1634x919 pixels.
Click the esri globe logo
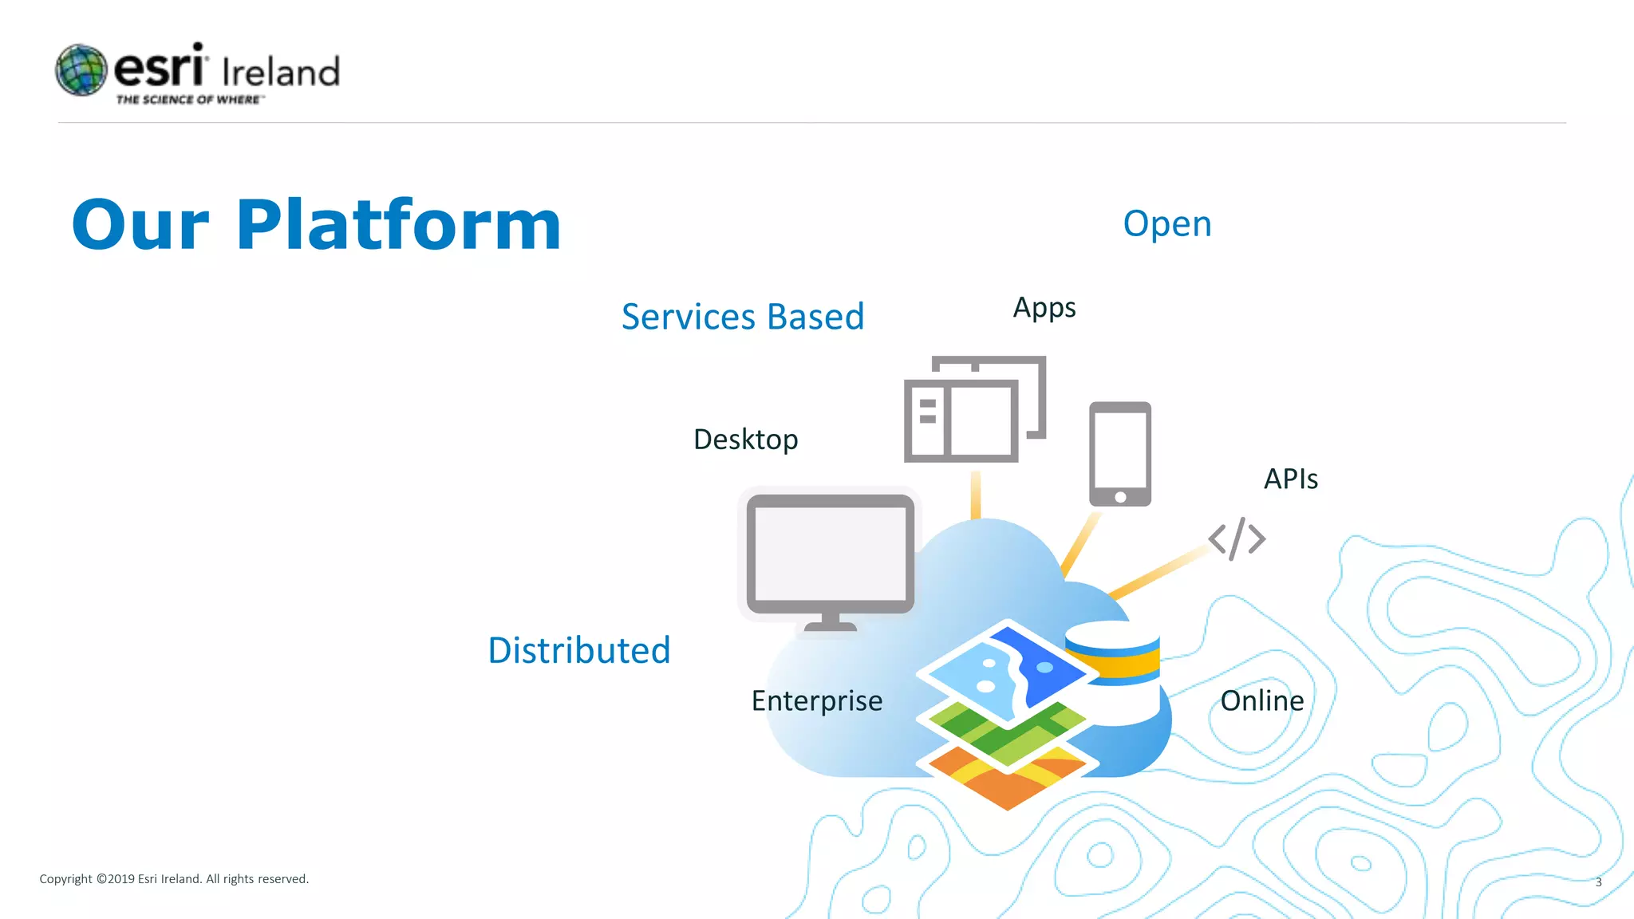coord(81,70)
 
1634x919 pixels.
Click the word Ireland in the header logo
coord(281,73)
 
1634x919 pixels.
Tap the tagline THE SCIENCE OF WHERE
coord(189,100)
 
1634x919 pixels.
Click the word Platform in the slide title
coord(398,225)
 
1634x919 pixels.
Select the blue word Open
coord(1166,224)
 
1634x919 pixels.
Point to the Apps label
coord(1044,308)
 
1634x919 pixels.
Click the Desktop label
coord(745,440)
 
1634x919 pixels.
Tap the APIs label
coord(1290,479)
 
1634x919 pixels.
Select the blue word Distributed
coord(578,650)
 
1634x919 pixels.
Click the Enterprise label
coord(816,701)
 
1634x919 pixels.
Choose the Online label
coord(1261,701)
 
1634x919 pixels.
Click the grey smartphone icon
coord(1119,454)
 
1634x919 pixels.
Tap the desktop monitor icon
coord(830,558)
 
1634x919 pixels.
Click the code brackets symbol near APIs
coord(1236,539)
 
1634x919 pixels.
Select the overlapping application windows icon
coord(973,409)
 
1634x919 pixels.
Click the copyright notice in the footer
coord(174,879)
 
